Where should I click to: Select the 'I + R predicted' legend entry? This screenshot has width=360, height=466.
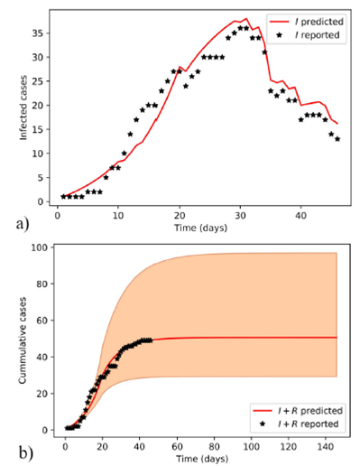click(299, 409)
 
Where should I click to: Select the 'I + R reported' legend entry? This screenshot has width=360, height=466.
click(299, 423)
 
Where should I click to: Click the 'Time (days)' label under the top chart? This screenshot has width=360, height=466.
click(198, 228)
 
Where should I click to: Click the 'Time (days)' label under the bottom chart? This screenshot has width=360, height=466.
click(199, 459)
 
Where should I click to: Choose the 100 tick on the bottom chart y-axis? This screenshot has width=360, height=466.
click(38, 247)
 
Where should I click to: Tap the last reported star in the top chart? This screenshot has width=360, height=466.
click(337, 138)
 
